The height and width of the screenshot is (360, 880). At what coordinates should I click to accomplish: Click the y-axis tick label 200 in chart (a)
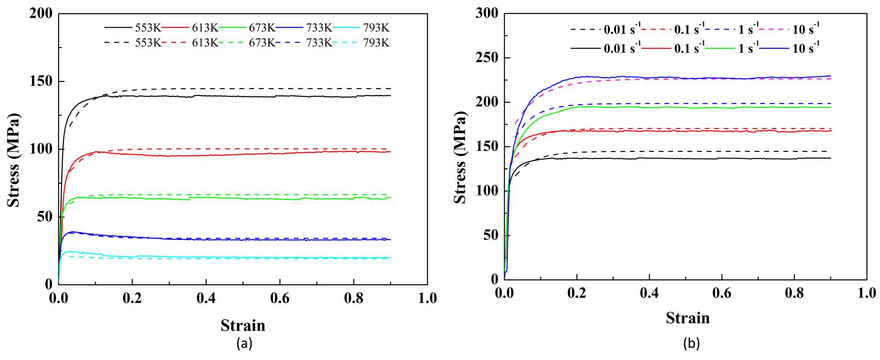(x=40, y=14)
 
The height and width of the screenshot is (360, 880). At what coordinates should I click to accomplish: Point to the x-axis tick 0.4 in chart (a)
(x=206, y=298)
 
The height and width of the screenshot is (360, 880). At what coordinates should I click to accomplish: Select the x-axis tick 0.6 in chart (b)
(x=722, y=293)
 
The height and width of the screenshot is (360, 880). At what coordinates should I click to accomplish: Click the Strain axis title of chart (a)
(x=243, y=325)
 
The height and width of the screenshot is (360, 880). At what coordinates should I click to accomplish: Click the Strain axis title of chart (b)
(x=688, y=318)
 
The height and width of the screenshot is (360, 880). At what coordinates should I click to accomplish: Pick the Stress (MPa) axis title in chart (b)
(x=460, y=157)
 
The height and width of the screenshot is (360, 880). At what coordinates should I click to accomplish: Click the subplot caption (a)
(x=244, y=343)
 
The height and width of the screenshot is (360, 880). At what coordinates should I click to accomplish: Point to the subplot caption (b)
(x=691, y=343)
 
